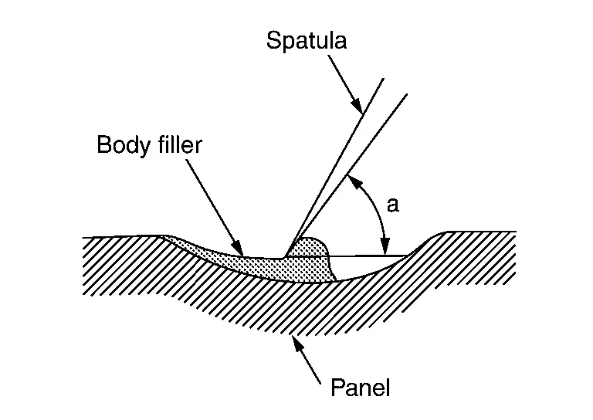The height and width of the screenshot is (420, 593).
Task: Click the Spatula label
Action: click(307, 40)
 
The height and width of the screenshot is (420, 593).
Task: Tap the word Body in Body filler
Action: click(121, 145)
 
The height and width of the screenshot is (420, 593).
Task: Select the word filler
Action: click(175, 145)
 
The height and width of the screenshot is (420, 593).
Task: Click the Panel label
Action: click(360, 387)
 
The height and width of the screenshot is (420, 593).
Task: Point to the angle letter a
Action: click(392, 205)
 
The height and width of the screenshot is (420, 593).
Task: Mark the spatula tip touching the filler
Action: click(286, 256)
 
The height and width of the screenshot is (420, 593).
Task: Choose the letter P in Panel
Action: click(337, 387)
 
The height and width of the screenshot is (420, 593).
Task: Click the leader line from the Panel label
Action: click(309, 360)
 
